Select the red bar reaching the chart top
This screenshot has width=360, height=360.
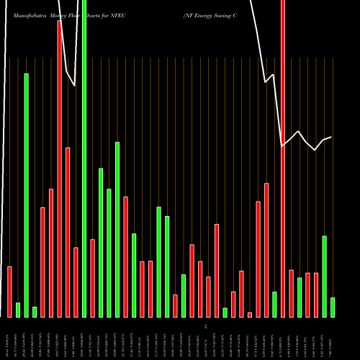pos(283,158)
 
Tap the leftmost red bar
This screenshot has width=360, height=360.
pos(10,292)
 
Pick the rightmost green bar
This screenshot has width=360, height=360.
pos(333,307)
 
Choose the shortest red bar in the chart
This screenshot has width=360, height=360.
pos(250,315)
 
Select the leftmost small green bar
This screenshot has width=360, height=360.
pos(18,310)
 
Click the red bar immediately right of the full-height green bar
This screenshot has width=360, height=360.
pos(93,278)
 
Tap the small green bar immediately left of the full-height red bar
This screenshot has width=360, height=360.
pos(274,304)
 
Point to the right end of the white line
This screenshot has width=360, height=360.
pos(331,137)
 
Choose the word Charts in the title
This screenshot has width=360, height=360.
pos(102,14)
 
